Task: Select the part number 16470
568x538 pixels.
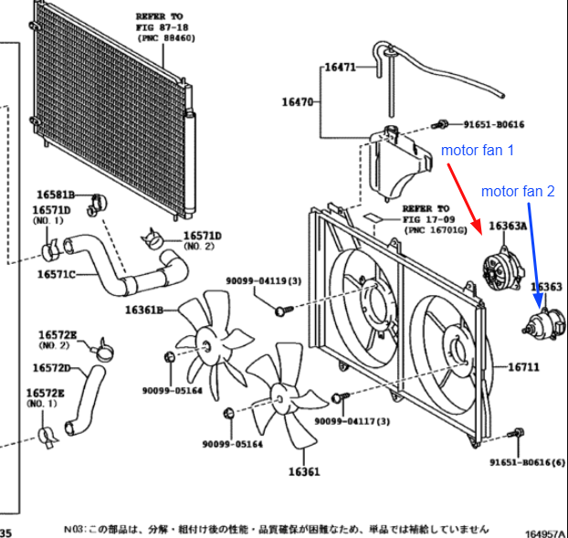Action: tap(297, 102)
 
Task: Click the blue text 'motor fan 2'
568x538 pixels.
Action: tap(518, 192)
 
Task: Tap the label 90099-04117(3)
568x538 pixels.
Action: tap(352, 420)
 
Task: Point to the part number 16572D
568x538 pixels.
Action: tap(52, 367)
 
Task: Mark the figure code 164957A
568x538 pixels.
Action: tap(544, 530)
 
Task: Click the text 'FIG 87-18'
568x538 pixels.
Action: tap(159, 27)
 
